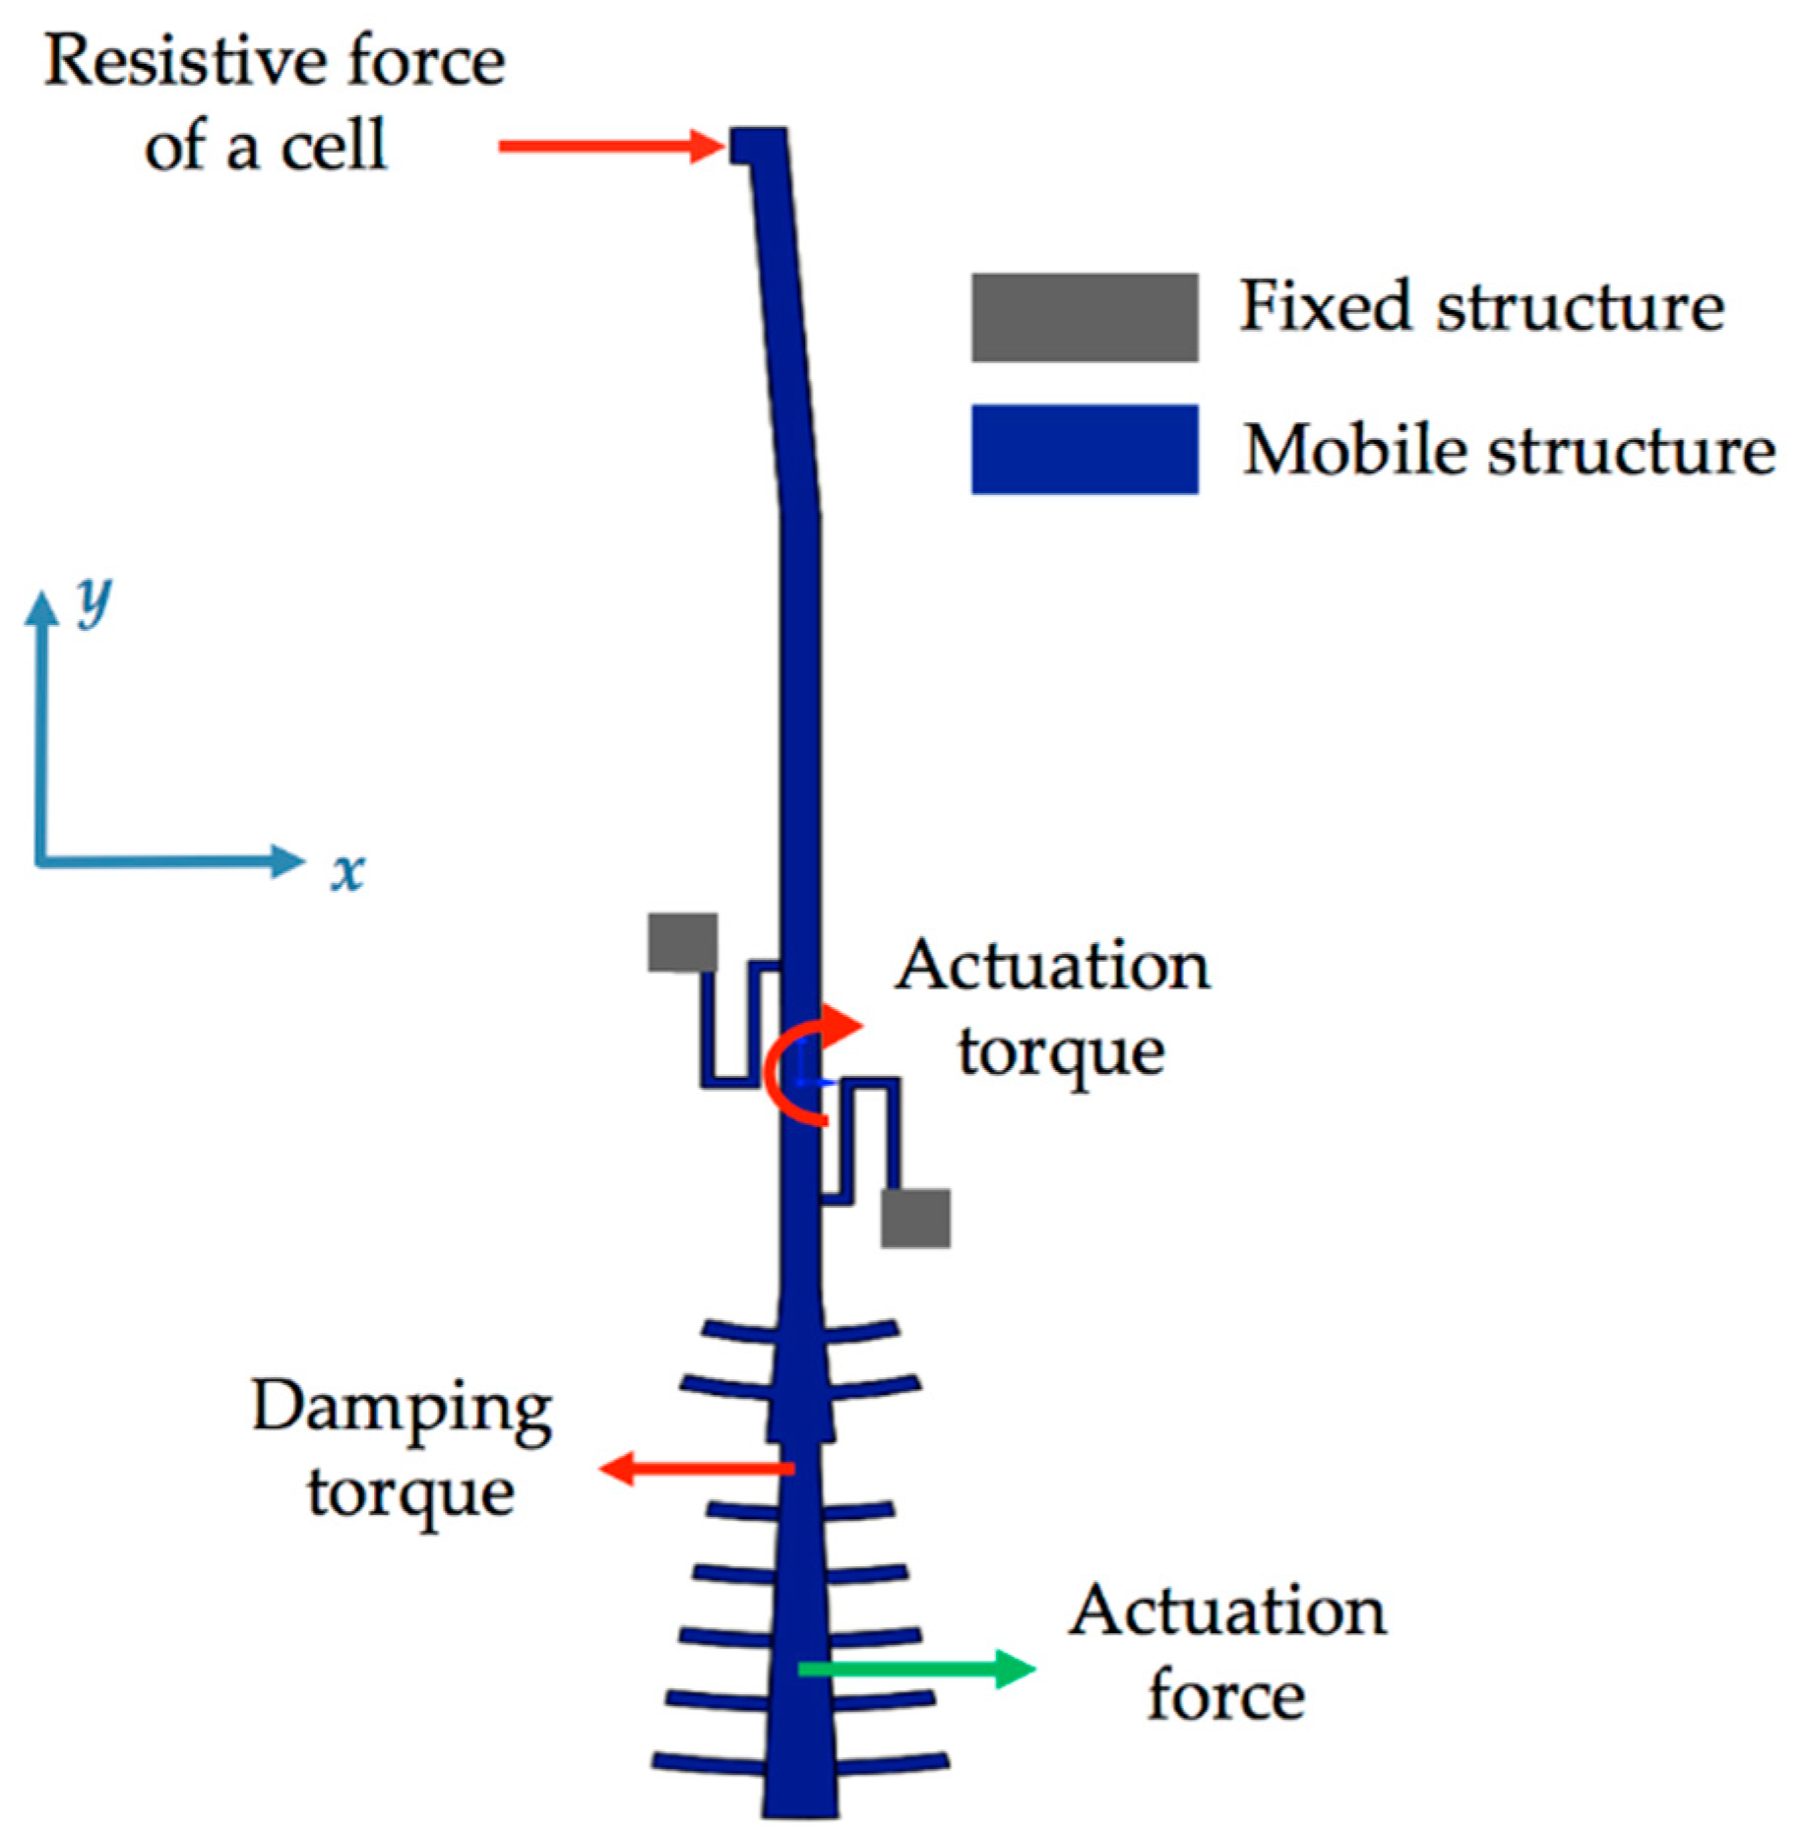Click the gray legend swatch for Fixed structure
pos(1084,317)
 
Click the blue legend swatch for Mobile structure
pos(1084,449)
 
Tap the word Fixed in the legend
pos(1323,306)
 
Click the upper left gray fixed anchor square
pos(682,942)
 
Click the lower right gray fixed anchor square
pos(915,1218)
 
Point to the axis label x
pos(347,872)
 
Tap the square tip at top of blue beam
pos(758,147)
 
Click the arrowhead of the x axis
pos(287,861)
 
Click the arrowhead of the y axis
pos(41,609)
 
